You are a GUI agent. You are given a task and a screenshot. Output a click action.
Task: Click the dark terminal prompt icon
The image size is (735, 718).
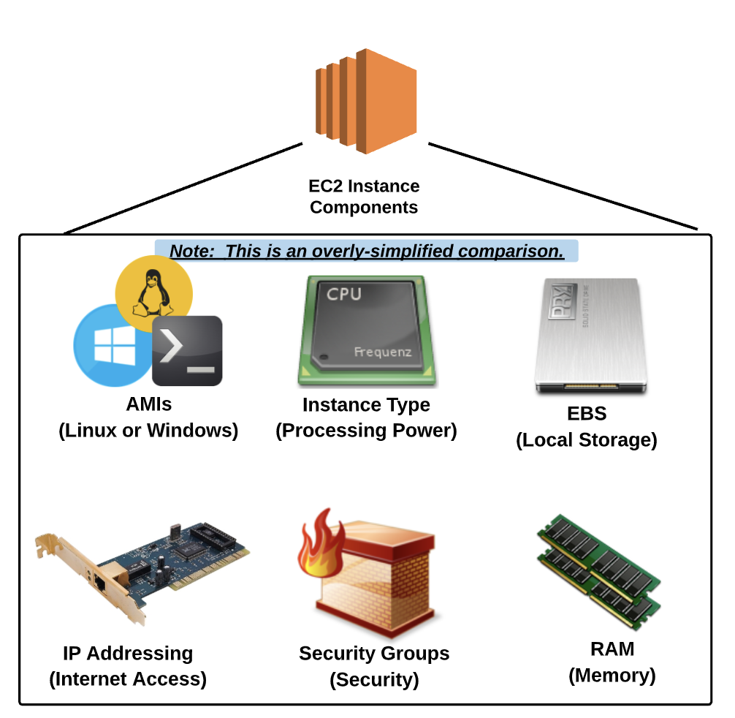(187, 351)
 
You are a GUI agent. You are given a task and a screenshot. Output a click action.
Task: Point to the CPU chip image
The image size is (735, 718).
(367, 328)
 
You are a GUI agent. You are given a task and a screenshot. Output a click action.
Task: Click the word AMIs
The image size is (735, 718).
(148, 404)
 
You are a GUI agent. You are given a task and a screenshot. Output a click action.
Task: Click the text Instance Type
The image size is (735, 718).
(366, 404)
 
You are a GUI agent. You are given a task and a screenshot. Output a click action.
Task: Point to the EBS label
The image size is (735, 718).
(587, 414)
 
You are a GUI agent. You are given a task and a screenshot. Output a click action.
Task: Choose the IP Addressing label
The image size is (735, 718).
(128, 653)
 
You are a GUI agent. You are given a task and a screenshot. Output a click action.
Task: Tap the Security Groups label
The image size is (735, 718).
(374, 653)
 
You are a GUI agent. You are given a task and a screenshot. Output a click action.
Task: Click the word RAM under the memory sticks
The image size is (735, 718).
(612, 649)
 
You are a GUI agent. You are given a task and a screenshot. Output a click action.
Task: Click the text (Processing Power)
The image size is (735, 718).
(366, 431)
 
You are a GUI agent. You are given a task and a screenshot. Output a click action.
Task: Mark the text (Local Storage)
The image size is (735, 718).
(587, 440)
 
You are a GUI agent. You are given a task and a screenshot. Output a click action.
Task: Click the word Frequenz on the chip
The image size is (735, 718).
(382, 352)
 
